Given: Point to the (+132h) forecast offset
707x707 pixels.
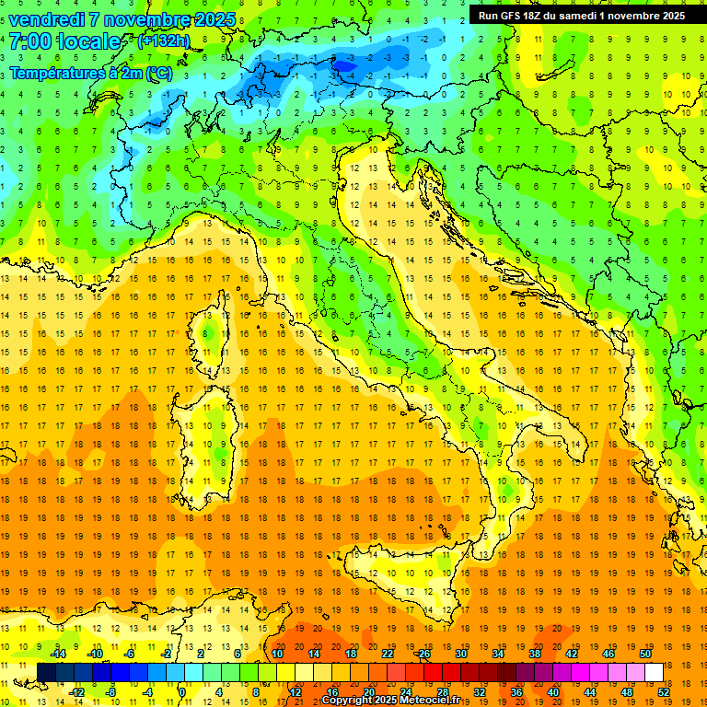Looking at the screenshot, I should pos(165,41).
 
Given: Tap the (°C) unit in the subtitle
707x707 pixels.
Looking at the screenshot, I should pos(158,73).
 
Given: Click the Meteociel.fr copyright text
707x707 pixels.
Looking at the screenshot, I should pos(396,701).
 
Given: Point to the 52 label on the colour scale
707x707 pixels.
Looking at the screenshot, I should pos(664,692).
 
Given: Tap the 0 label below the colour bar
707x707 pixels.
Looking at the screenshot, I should pos(182,692).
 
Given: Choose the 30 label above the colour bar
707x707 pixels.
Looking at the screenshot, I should pos(460,654).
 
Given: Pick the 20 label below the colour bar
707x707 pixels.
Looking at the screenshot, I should pos(369,692).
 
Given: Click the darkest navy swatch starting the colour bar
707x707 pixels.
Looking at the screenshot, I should pos(46,673).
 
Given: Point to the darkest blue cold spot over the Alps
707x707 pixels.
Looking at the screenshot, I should pos(345,64).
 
